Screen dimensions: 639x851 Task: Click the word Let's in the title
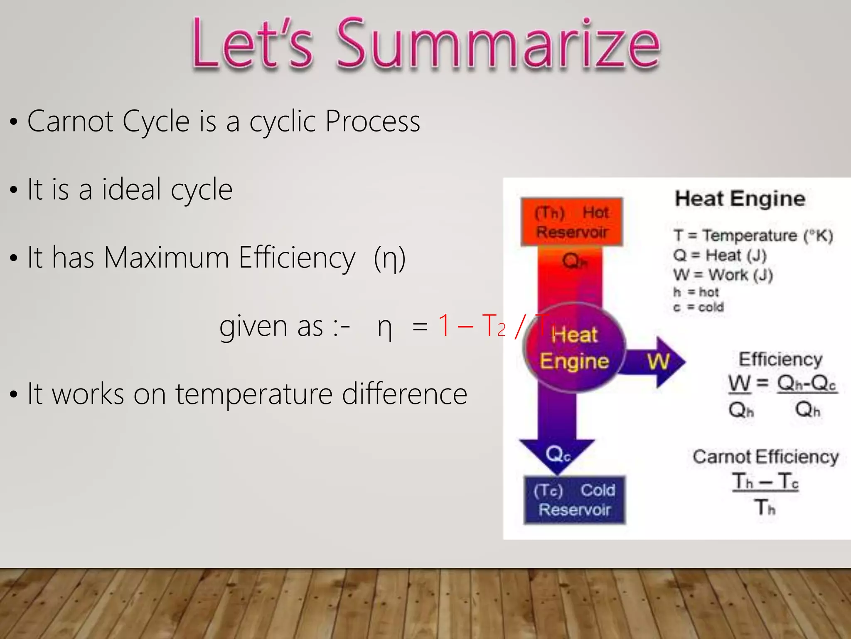click(252, 43)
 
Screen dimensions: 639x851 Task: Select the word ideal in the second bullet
click(131, 190)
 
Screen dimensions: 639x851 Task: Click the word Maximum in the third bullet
click(166, 258)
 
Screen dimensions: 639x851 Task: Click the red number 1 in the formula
click(444, 325)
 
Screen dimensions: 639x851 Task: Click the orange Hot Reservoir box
click(572, 222)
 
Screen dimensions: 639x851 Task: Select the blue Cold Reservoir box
click(574, 500)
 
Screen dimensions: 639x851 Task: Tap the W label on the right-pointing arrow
click(658, 361)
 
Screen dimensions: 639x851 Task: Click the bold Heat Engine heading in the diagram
click(740, 198)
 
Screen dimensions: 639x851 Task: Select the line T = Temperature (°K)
click(753, 235)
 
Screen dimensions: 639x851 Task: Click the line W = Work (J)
click(723, 275)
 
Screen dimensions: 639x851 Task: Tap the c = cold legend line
click(698, 307)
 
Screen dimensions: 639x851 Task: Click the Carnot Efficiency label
click(765, 457)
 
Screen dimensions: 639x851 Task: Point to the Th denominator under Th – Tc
click(765, 507)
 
